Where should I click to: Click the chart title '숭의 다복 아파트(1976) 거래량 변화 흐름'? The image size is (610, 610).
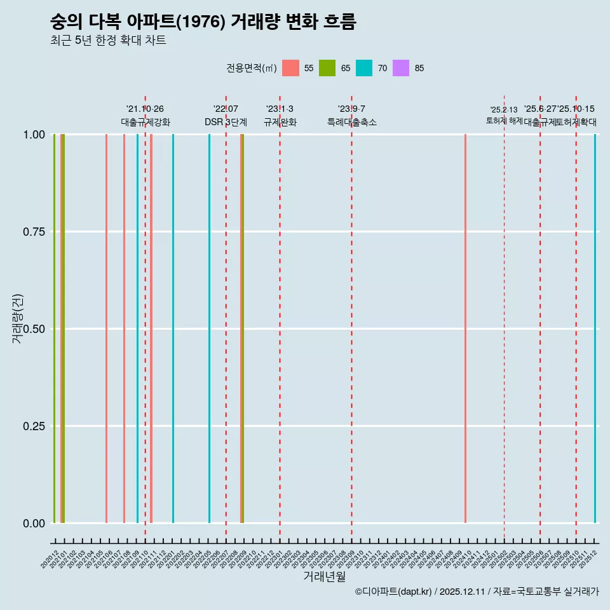pos(203,22)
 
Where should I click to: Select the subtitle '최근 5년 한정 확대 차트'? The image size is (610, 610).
pos(108,41)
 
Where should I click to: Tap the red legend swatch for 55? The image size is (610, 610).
pos(290,68)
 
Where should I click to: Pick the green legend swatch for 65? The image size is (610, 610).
pos(327,68)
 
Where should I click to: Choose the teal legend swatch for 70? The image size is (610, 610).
pos(364,68)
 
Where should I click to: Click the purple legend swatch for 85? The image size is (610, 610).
pos(401,68)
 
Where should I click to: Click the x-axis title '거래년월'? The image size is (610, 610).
pos(324,576)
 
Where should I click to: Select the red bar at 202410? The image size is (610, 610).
pos(465,329)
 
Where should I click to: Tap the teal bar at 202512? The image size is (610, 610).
pos(595,329)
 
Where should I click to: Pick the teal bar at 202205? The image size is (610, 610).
pos(209,329)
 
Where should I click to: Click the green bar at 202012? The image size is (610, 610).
pos(54,329)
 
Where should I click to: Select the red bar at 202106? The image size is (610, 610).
pos(106,329)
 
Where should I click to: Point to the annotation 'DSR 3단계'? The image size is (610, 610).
pos(226,122)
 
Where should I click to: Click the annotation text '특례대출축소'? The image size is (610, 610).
pos(351,122)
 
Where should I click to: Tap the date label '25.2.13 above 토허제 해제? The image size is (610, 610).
pos(504,110)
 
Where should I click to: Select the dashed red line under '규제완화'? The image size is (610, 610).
pos(280,318)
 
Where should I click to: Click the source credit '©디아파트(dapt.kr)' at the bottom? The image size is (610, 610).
pos(393,592)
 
